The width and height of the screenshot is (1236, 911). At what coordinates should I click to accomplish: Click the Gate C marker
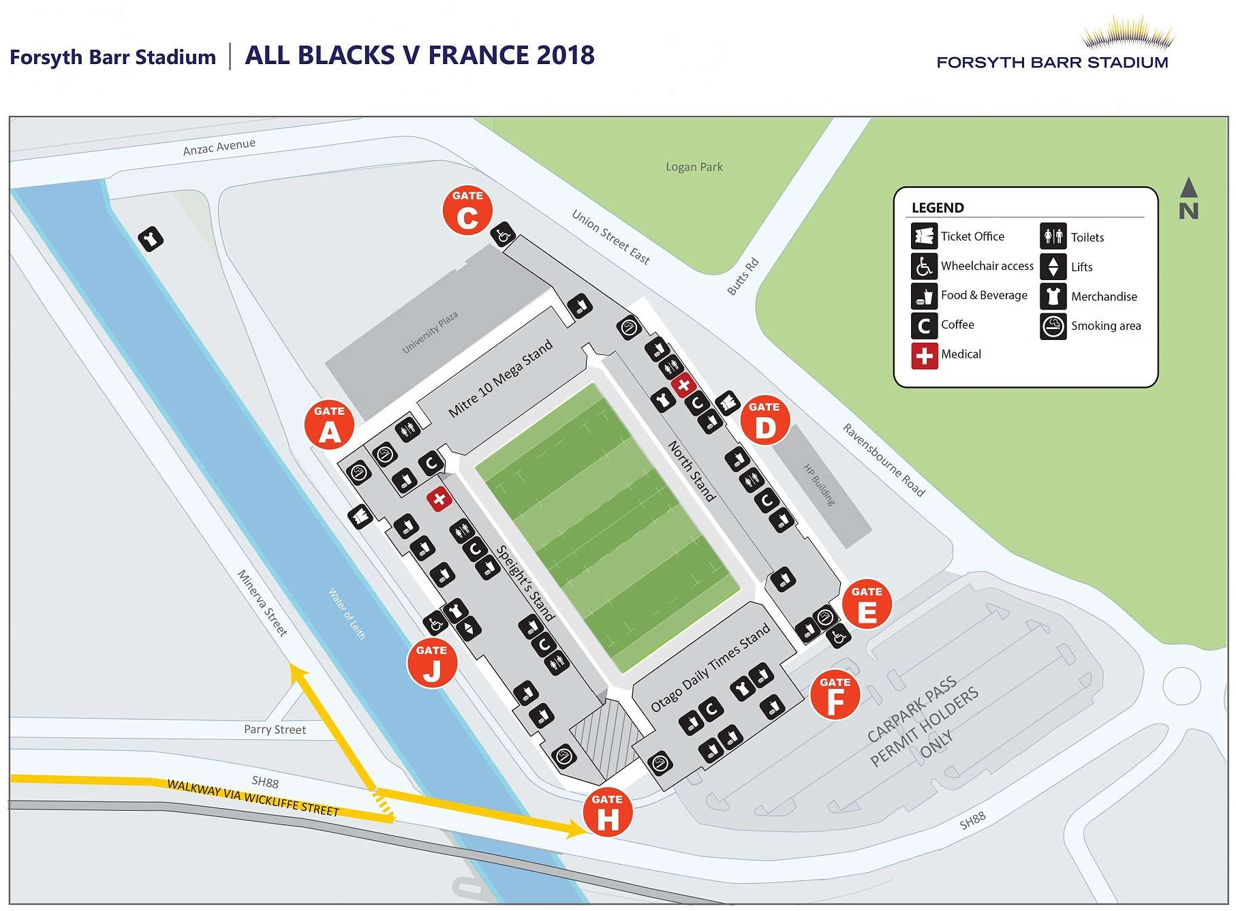467,211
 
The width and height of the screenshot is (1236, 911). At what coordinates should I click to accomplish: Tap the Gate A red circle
329,425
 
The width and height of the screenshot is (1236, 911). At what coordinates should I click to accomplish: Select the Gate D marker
764,420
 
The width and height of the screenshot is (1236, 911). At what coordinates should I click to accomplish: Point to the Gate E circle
867,605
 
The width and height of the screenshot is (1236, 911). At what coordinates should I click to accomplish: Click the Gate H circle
607,813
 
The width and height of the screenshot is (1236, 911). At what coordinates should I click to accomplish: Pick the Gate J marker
432,664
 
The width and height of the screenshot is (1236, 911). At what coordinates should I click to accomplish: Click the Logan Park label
694,167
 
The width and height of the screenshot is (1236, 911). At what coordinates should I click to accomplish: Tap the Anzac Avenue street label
219,147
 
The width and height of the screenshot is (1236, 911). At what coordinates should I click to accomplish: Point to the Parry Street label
275,730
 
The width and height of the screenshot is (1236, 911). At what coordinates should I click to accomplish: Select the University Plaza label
430,333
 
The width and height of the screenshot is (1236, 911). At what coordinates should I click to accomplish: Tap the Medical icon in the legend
924,355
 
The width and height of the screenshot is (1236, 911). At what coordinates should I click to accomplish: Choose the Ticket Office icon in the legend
924,236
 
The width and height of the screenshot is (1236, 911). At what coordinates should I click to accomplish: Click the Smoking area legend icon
1053,326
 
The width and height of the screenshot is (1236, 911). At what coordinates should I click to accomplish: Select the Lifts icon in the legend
1053,266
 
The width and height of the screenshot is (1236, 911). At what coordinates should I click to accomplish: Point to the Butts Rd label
743,277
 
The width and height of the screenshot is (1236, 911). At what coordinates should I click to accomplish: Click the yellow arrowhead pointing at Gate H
576,829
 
